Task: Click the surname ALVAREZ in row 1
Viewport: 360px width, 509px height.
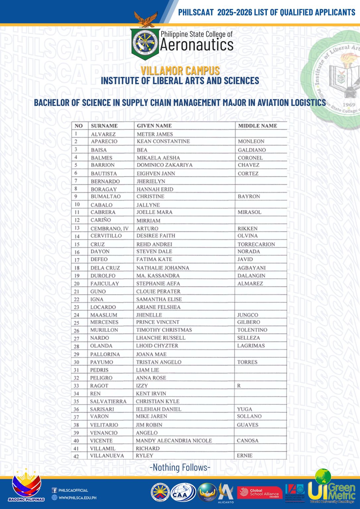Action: [103, 134]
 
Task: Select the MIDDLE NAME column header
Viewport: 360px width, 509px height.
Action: [257, 126]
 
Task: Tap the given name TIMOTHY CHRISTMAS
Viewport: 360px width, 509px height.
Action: [164, 330]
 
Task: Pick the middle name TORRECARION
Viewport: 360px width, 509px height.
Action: [256, 244]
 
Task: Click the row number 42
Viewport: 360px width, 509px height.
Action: [76, 456]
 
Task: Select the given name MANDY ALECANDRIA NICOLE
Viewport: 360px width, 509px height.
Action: [174, 441]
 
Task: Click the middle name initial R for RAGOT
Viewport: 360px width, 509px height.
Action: [239, 386]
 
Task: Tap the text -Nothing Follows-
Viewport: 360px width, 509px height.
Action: [180, 468]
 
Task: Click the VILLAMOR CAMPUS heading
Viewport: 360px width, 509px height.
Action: [180, 71]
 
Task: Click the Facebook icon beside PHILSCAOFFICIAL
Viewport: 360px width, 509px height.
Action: [54, 490]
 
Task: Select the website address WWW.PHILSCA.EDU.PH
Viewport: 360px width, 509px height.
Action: [77, 497]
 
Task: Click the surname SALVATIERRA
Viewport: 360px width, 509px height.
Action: [108, 402]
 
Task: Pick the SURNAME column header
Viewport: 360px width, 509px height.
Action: [104, 126]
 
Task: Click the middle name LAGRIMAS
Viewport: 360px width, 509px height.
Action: [251, 346]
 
